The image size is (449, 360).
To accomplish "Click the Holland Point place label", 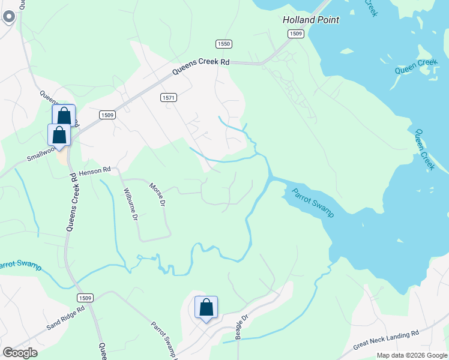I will (311, 20).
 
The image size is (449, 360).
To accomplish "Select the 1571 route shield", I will (168, 97).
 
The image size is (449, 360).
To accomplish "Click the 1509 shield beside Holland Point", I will (295, 34).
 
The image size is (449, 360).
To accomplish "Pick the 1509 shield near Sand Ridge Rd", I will (85, 298).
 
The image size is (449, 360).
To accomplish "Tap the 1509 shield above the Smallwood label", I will (107, 115).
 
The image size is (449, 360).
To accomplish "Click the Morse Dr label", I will (157, 195).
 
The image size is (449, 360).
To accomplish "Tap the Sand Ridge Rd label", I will (66, 318).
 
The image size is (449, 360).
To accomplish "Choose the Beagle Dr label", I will (241, 327).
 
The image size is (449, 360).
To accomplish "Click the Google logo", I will (20, 353).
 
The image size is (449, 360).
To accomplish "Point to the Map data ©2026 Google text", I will (411, 355).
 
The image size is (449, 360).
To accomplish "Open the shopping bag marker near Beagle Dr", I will (206, 308).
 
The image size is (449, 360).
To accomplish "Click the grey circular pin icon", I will (8, 17).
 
